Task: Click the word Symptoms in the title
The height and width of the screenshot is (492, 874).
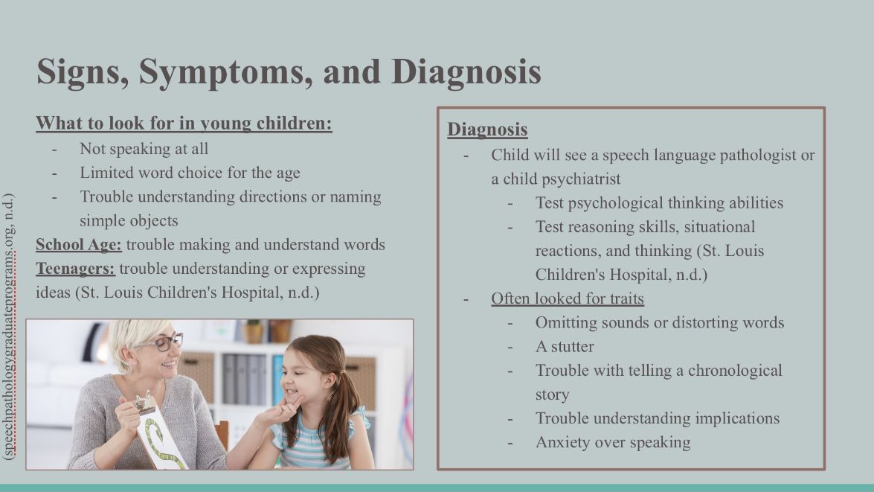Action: [x=226, y=72]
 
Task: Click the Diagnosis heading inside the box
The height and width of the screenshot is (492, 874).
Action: [x=487, y=130]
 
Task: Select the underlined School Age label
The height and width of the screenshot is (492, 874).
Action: [x=79, y=245]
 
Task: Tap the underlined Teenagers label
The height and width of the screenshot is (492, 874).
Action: [x=75, y=269]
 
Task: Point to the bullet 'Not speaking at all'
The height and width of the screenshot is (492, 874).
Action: [x=144, y=149]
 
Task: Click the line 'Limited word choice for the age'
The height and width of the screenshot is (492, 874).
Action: [x=190, y=173]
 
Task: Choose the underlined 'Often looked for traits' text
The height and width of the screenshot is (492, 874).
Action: [x=568, y=299]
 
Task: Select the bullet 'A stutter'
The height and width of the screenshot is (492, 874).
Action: [x=565, y=347]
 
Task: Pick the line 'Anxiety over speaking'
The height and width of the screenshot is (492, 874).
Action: [x=613, y=442]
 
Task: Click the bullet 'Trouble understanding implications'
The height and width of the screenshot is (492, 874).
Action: [x=658, y=418]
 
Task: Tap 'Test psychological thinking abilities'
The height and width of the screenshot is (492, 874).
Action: [x=659, y=203]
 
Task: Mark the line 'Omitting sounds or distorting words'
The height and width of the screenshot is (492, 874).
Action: [x=660, y=323]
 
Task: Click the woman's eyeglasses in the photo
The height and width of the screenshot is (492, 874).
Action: [x=164, y=342]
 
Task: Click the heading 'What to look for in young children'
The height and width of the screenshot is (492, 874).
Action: [x=184, y=124]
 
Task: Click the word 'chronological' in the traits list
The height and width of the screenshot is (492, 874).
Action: [x=735, y=371]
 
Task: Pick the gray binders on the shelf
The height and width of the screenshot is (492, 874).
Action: [x=245, y=379]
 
